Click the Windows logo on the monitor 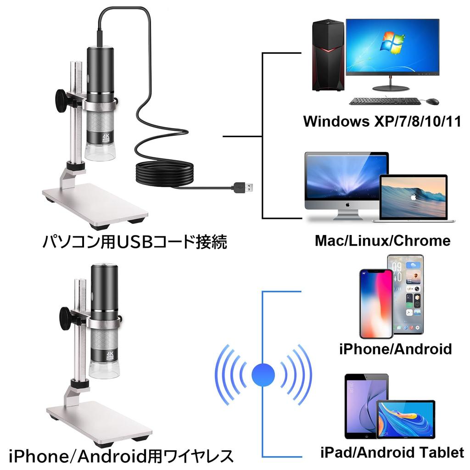click(394, 42)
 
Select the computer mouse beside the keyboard click(431, 101)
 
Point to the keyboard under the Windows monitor click(385, 101)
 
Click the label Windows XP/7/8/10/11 click(382, 122)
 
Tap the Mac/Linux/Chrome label click(382, 241)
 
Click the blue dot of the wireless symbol click(263, 374)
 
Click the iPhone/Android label click(395, 349)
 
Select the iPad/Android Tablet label click(392, 453)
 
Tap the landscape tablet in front click(405, 419)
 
